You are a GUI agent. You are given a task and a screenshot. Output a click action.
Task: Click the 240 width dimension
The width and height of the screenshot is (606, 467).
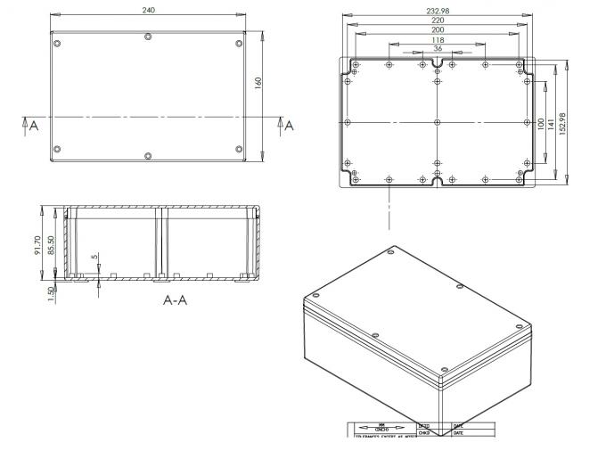tap(148, 10)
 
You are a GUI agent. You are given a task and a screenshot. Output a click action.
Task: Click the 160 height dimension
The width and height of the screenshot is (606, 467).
tap(258, 83)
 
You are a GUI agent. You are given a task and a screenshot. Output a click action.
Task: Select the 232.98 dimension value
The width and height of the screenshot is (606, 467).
tap(437, 10)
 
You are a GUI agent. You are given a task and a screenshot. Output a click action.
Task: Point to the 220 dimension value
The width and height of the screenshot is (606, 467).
tap(438, 20)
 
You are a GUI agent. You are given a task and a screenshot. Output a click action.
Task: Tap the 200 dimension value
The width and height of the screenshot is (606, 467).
tap(438, 29)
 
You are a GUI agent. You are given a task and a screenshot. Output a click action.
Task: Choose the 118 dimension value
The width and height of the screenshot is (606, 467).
tap(438, 40)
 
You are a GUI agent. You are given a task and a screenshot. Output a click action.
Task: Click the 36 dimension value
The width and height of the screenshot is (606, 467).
tap(438, 49)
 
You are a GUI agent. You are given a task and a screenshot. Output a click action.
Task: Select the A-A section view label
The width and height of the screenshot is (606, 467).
tap(175, 300)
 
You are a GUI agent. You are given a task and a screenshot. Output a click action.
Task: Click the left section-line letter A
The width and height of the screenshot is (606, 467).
tap(32, 127)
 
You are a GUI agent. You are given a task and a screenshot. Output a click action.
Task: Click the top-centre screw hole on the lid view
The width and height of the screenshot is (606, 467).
tap(148, 37)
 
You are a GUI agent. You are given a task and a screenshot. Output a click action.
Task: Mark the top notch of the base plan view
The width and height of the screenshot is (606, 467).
tap(437, 65)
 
